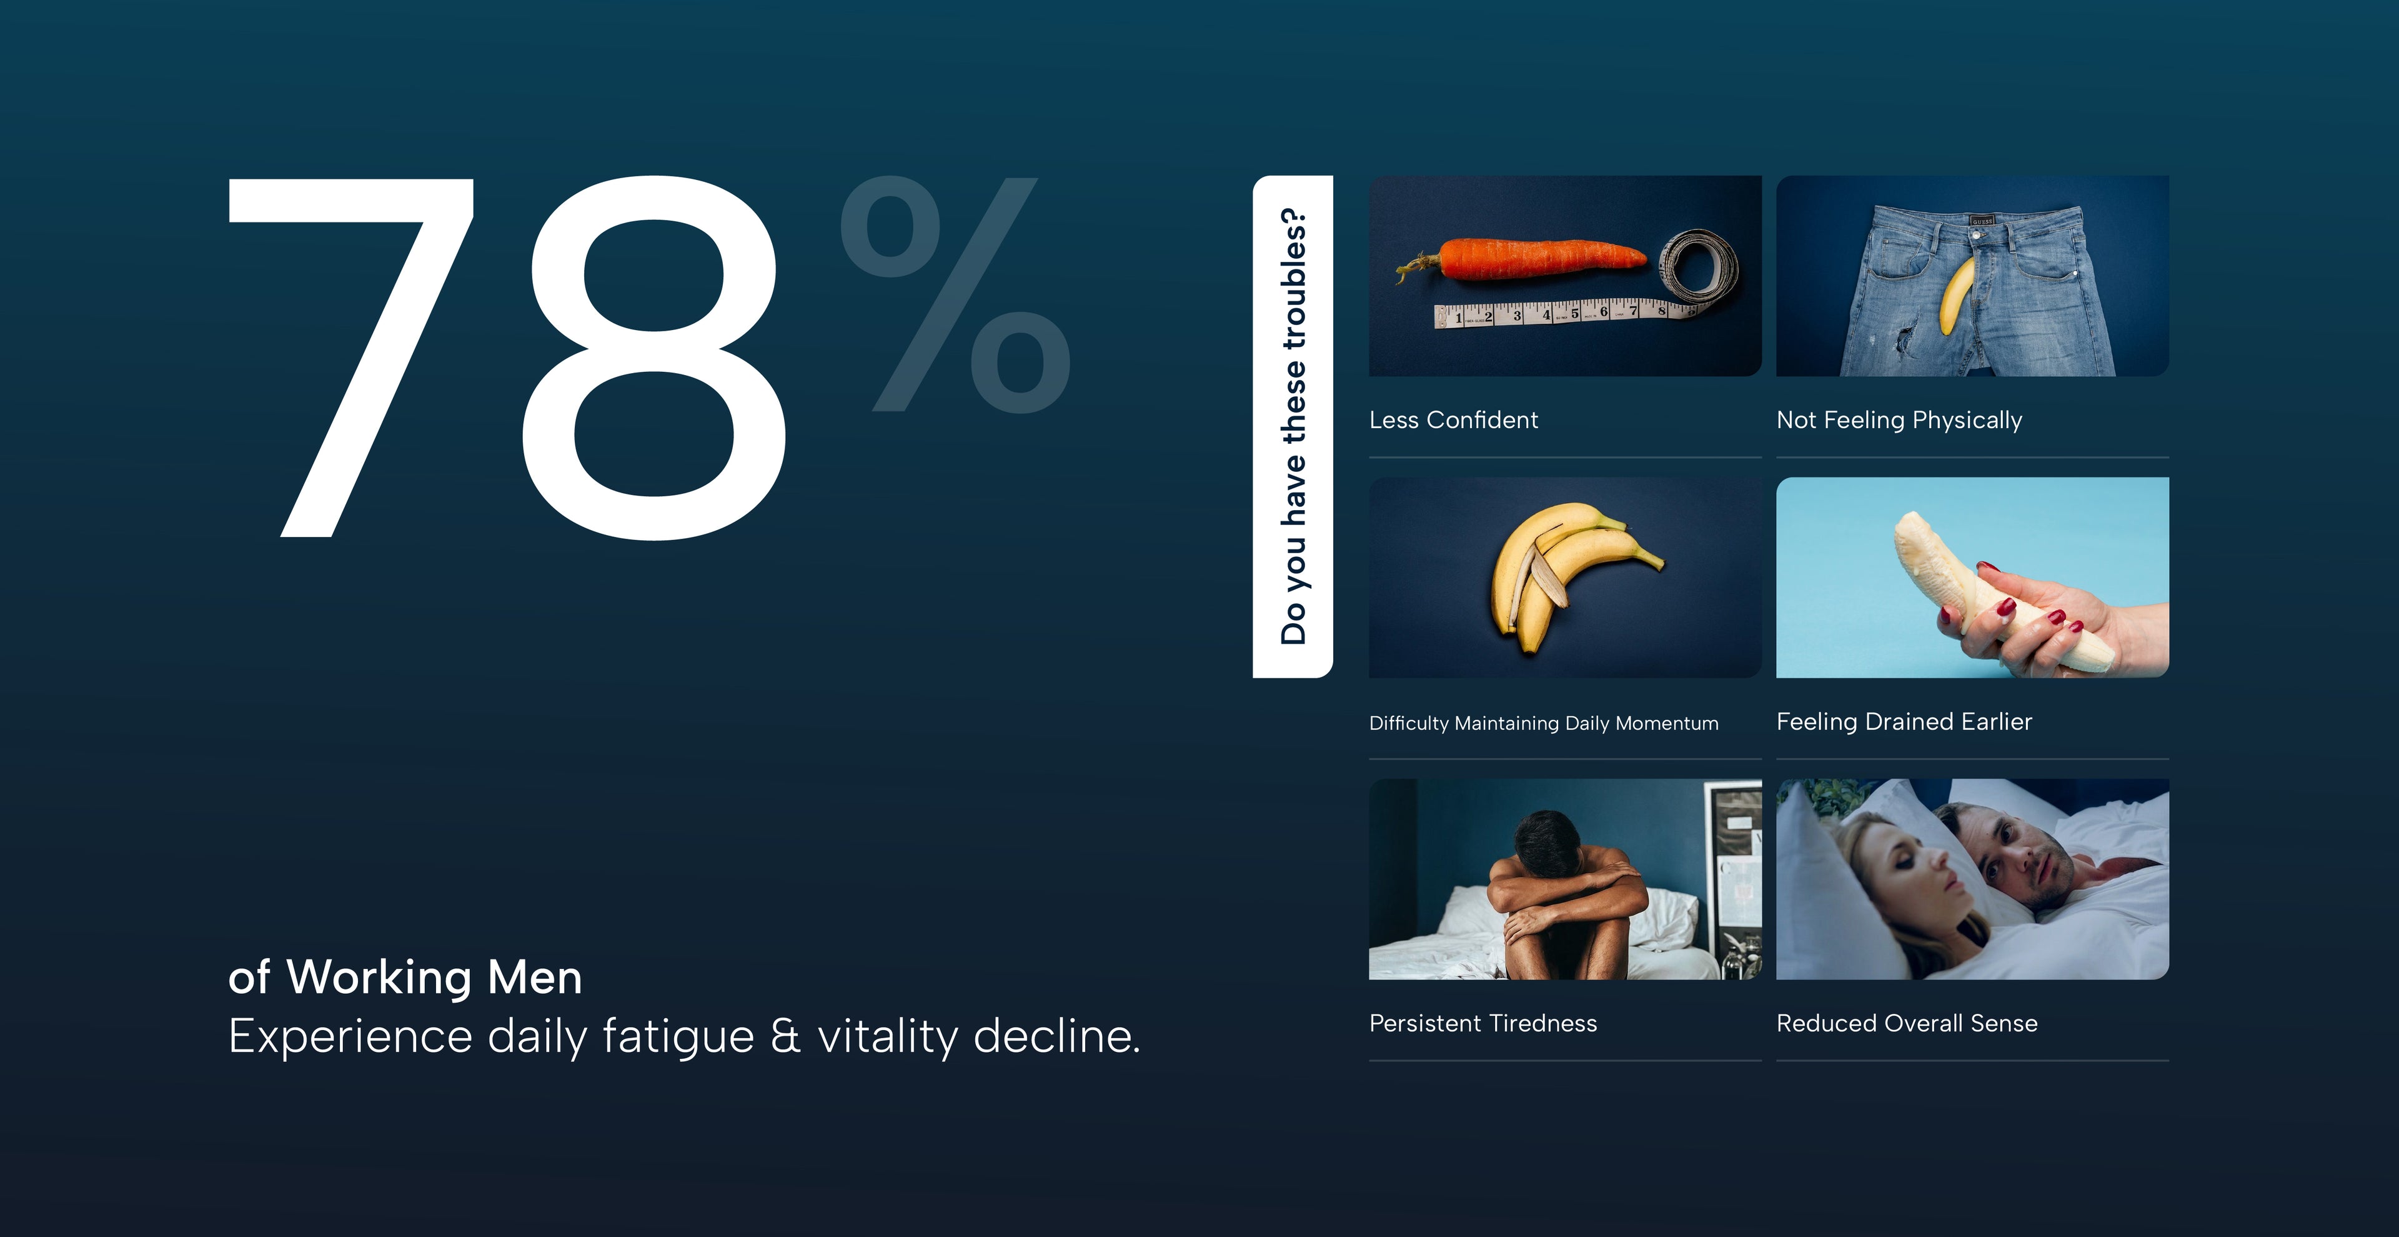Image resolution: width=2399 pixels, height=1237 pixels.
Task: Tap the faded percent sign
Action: [955, 294]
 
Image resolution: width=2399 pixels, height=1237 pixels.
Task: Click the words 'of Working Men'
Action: [405, 977]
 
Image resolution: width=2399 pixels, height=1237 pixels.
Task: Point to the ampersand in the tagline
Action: [786, 1036]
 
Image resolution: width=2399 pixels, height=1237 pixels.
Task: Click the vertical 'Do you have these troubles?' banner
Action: [1293, 427]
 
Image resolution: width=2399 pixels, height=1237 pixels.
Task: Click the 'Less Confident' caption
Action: [1454, 420]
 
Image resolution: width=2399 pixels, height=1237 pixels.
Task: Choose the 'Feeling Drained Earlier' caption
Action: [1904, 722]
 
